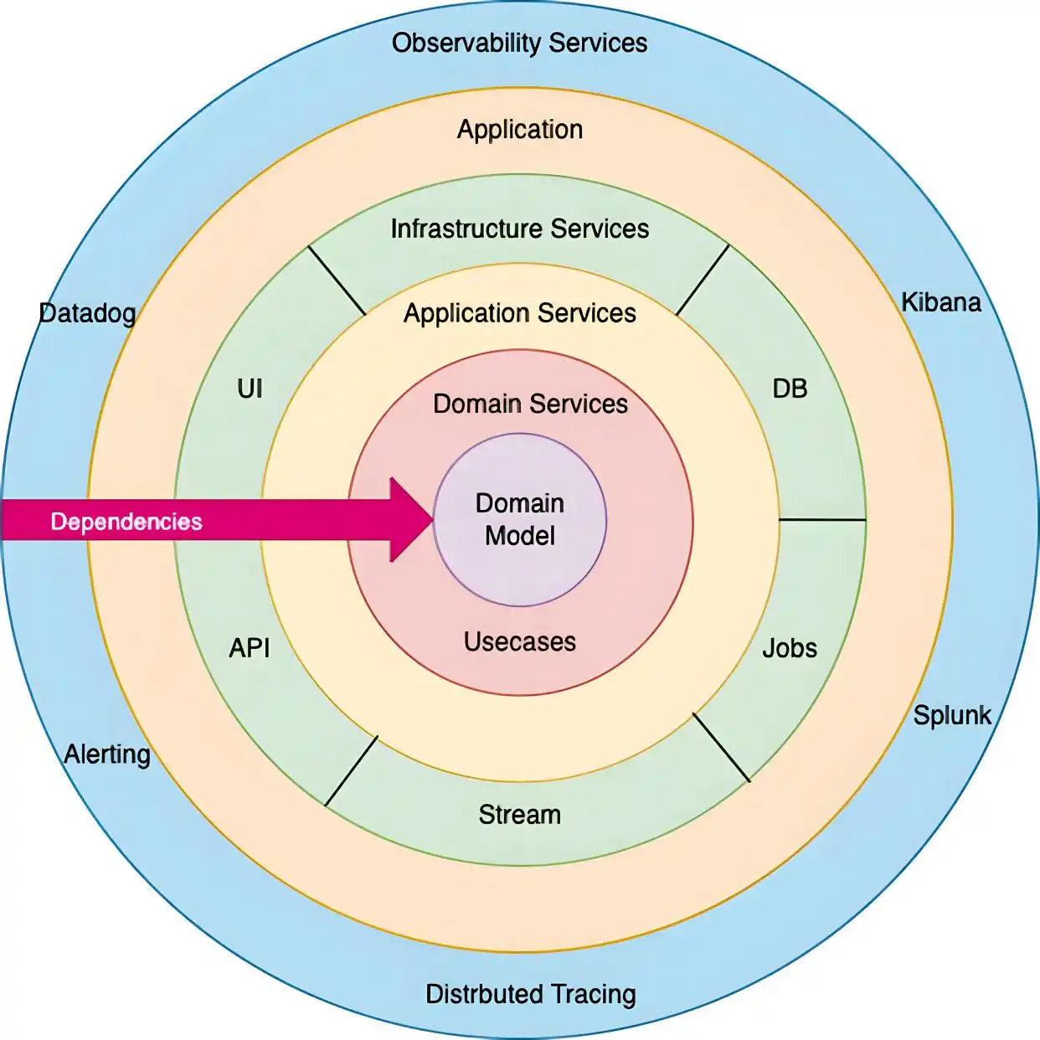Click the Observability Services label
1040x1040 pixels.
point(519,43)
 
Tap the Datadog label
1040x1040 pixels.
point(87,313)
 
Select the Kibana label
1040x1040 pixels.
point(940,302)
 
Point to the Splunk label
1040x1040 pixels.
point(952,715)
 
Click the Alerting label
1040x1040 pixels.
point(107,754)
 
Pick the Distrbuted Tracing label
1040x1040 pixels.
point(531,994)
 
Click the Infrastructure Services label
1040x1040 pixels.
point(519,229)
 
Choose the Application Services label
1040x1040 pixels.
point(519,313)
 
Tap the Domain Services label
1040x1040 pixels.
point(530,404)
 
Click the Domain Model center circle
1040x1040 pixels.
point(520,519)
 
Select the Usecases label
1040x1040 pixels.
point(520,642)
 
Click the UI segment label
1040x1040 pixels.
point(250,389)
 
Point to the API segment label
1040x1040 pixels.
point(250,647)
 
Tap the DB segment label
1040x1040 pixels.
point(790,389)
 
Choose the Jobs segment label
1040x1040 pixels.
point(790,648)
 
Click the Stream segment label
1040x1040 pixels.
point(520,815)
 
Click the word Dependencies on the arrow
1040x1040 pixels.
point(126,522)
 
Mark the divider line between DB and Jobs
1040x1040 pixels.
point(822,519)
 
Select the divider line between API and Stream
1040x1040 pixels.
point(352,770)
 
